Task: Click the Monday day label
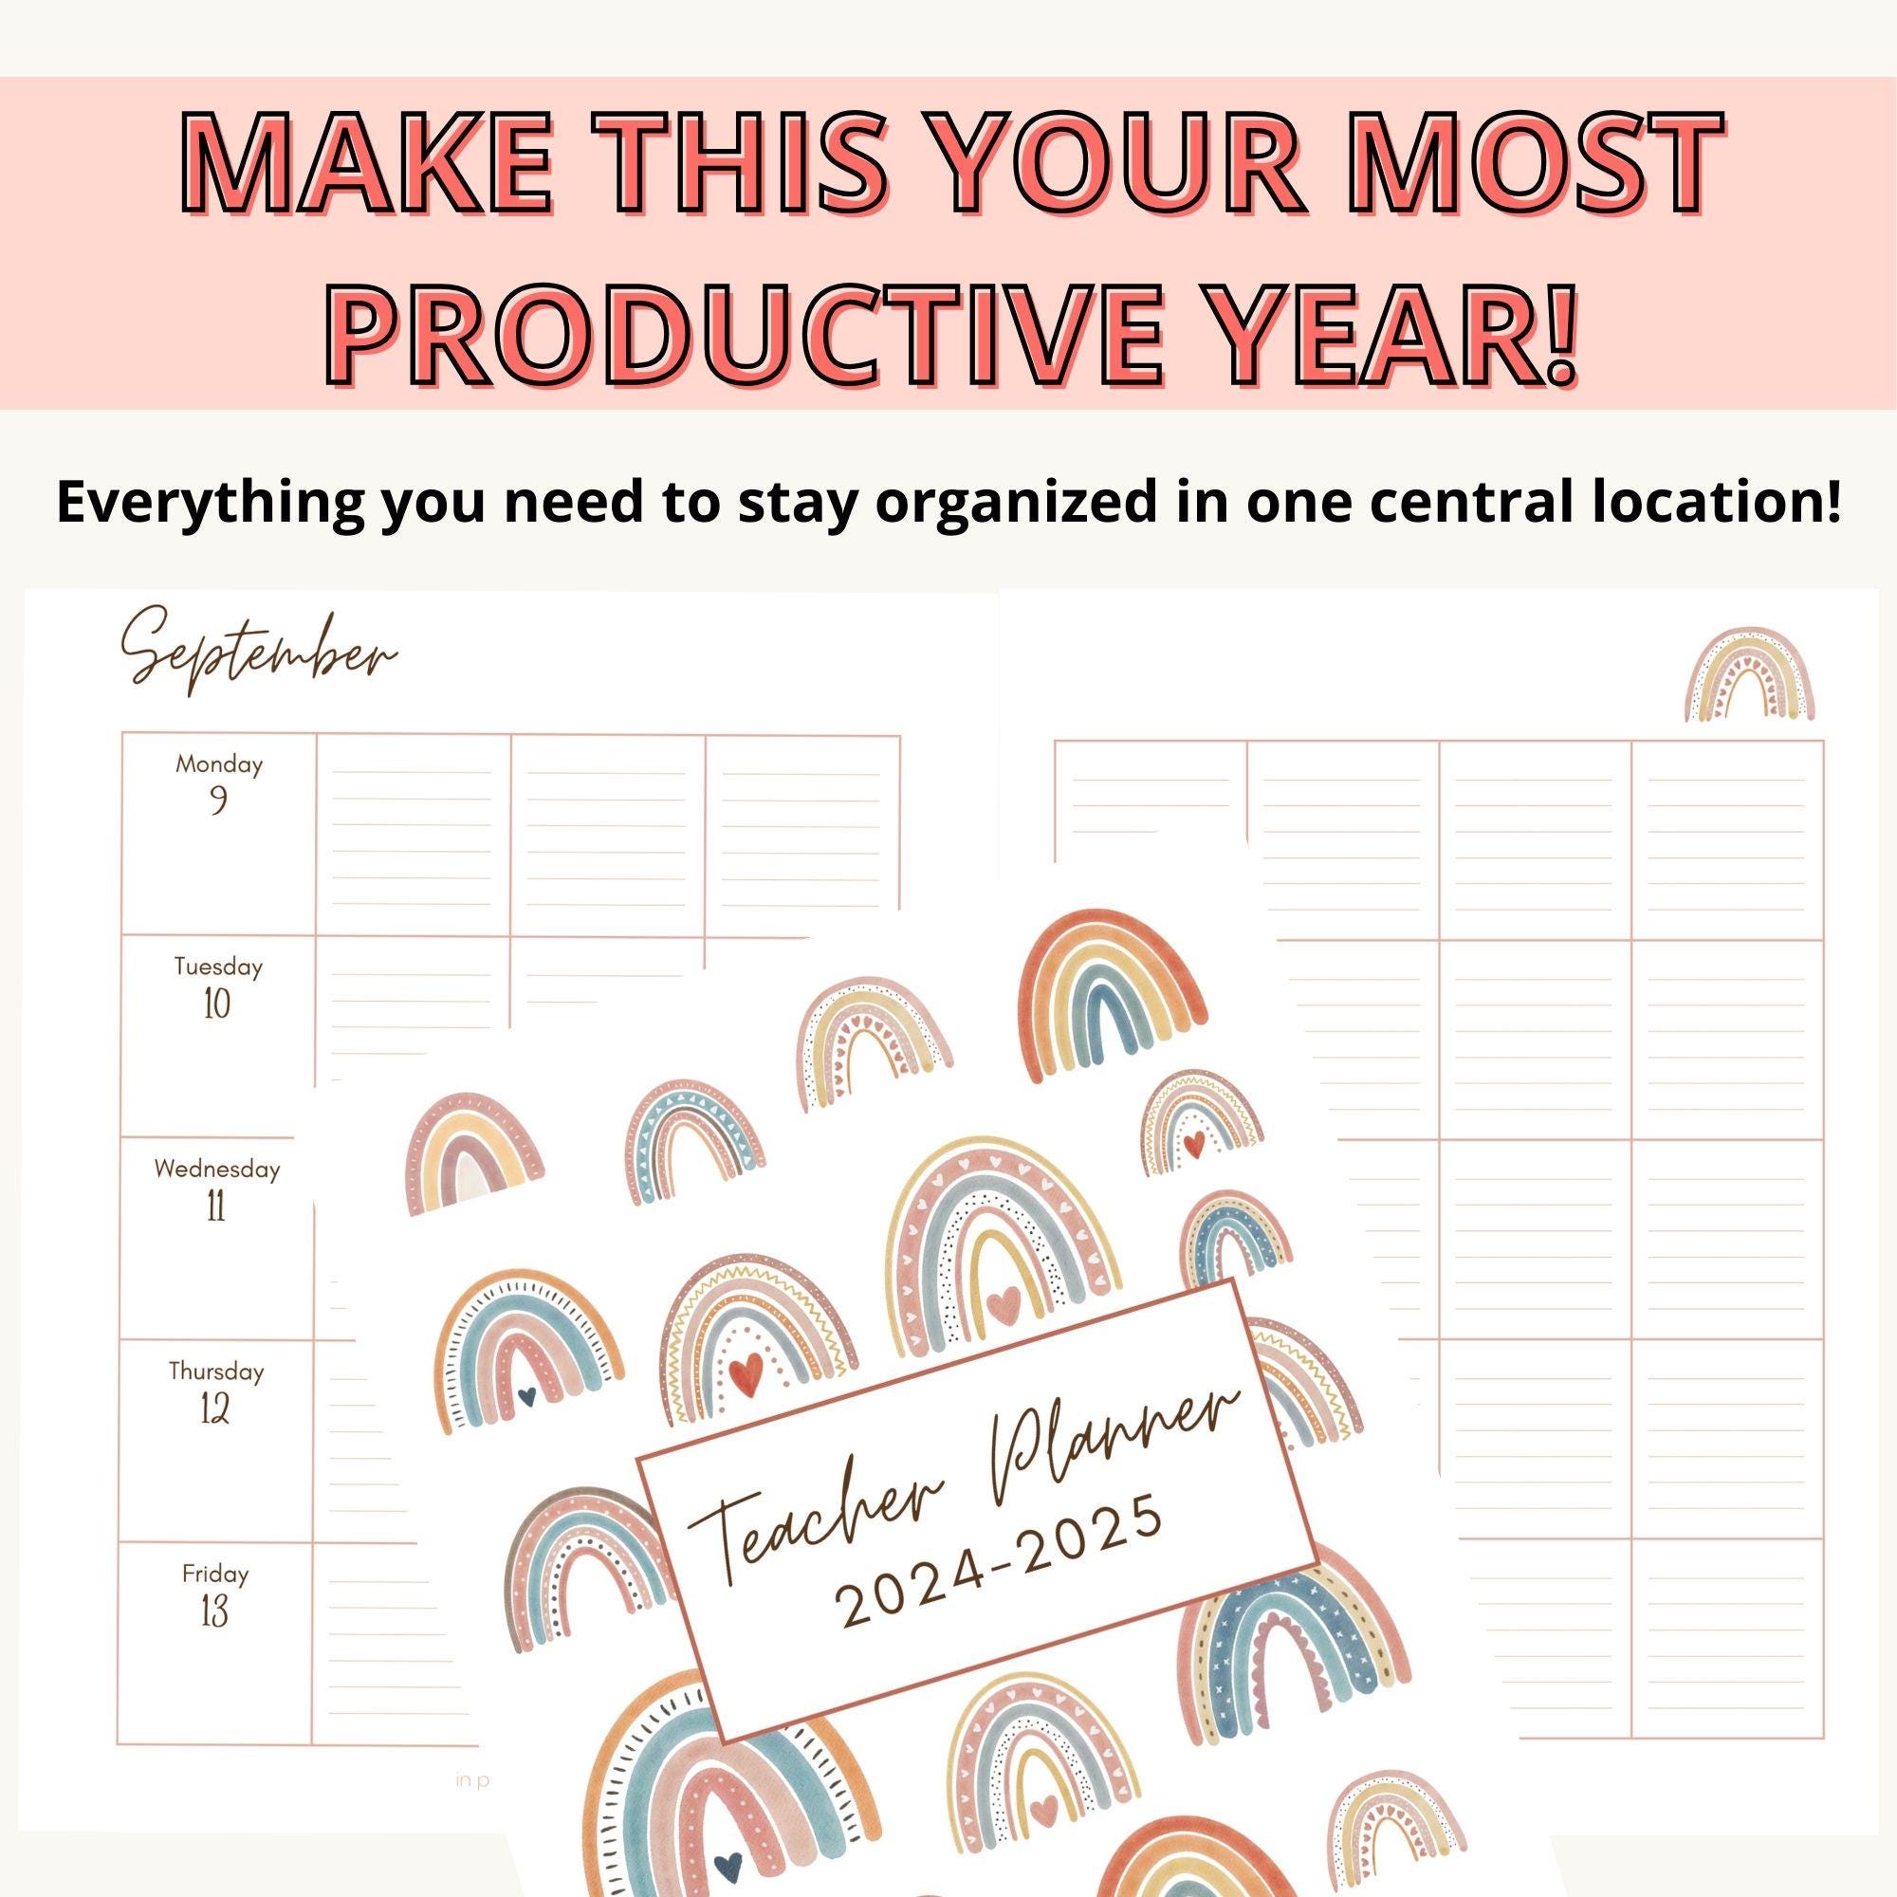219,764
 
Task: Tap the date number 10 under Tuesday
217,1004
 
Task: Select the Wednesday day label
217,1169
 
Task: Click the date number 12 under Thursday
215,1410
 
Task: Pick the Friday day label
215,1574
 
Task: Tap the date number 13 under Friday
214,1612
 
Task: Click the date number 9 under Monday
218,801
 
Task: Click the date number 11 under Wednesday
216,1206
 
